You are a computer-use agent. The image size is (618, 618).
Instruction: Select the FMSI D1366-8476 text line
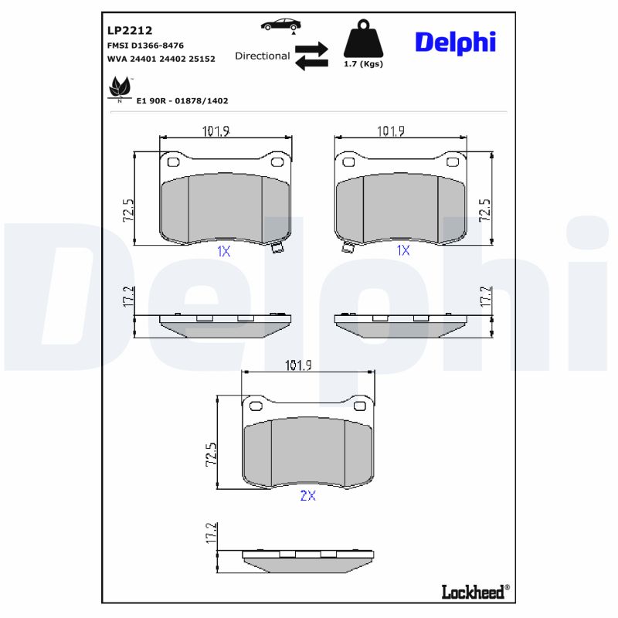tap(144, 46)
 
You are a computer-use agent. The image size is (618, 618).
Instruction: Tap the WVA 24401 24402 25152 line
tap(161, 58)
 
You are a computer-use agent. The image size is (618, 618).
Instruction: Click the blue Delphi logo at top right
tap(455, 42)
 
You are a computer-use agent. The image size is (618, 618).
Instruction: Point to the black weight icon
tap(362, 39)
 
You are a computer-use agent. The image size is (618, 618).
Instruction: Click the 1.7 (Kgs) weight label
tap(363, 64)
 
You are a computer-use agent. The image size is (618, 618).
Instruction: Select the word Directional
tap(263, 56)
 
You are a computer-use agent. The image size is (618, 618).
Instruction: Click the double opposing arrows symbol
tap(311, 56)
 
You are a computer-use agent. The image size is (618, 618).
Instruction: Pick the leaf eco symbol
tap(119, 88)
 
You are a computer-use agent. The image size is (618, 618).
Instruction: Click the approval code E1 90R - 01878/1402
tap(182, 100)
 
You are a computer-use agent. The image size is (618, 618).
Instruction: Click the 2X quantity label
tap(307, 496)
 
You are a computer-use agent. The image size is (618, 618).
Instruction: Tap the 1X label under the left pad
tap(223, 250)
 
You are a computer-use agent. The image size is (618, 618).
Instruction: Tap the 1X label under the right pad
tap(402, 250)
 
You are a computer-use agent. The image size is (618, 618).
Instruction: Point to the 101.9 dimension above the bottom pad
tap(299, 365)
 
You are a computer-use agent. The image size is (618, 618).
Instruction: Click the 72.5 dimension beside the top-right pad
tap(484, 210)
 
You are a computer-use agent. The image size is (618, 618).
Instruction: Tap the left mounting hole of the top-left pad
tap(173, 162)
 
